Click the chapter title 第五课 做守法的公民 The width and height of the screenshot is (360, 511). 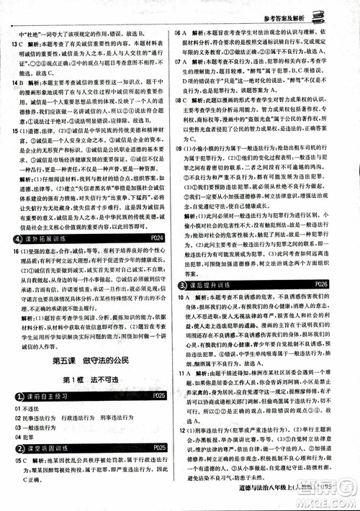tap(92, 360)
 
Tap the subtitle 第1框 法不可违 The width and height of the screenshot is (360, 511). tap(91, 379)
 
